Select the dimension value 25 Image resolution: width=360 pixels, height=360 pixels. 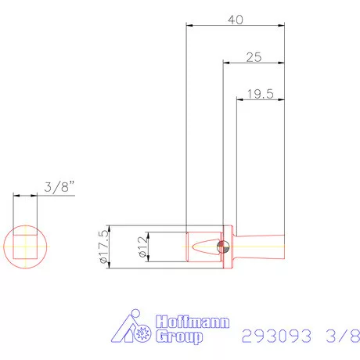[x=253, y=56]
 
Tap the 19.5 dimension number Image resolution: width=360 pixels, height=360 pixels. [x=258, y=94]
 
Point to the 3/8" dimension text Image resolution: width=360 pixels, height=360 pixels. [x=59, y=187]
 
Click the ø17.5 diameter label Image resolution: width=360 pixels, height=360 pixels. [x=101, y=248]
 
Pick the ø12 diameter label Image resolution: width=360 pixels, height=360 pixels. [x=142, y=248]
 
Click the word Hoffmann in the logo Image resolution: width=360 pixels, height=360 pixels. [x=182, y=322]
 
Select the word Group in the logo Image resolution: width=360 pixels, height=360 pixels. [x=179, y=337]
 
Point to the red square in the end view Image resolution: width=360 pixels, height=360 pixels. [x=26, y=248]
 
